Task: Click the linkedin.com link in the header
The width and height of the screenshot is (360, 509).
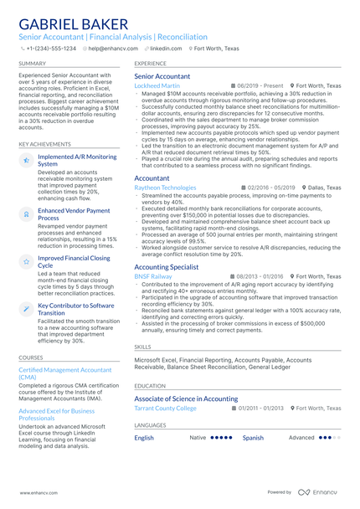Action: click(x=165, y=49)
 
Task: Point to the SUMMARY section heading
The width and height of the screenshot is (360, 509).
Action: click(x=33, y=64)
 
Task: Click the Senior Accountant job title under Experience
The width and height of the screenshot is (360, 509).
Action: click(x=162, y=76)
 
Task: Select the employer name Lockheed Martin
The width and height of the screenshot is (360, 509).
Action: click(x=157, y=86)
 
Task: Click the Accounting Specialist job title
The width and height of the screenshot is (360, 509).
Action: click(x=167, y=266)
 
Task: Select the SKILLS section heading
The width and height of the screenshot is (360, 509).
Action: click(x=143, y=346)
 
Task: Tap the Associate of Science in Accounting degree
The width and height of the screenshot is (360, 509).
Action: click(x=186, y=399)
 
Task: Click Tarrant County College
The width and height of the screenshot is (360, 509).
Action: click(x=165, y=409)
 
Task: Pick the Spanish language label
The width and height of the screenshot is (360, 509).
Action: click(x=253, y=438)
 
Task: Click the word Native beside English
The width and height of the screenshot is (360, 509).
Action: click(x=198, y=438)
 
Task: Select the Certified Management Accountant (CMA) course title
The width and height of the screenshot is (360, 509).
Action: click(x=65, y=373)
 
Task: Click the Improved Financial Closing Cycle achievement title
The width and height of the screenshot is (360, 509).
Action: click(x=74, y=263)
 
